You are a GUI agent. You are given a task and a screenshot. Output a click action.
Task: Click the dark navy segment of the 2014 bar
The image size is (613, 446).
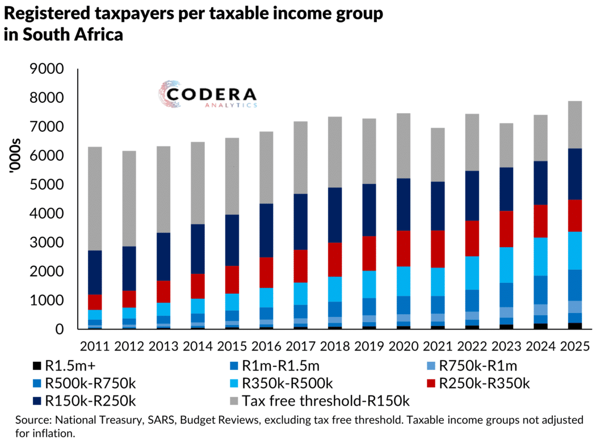pos(199,249)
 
